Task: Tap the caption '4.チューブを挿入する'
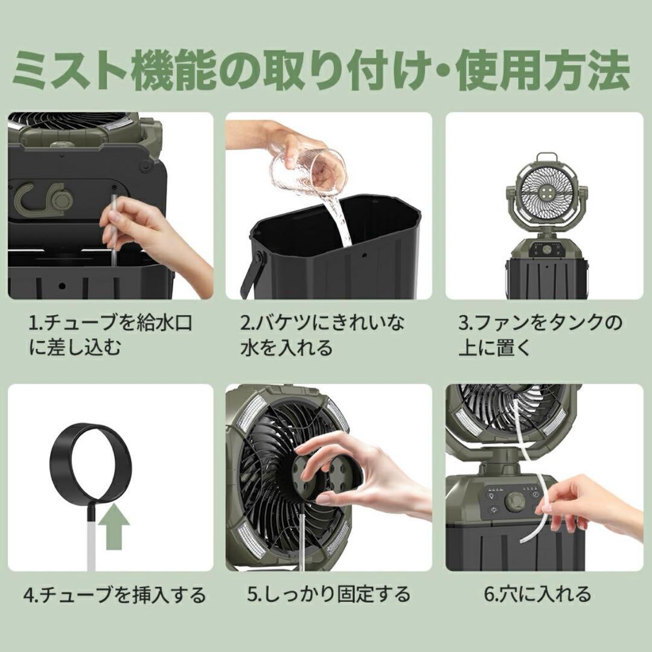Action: click(115, 595)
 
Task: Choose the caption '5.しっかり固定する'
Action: click(328, 594)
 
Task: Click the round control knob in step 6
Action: click(515, 500)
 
